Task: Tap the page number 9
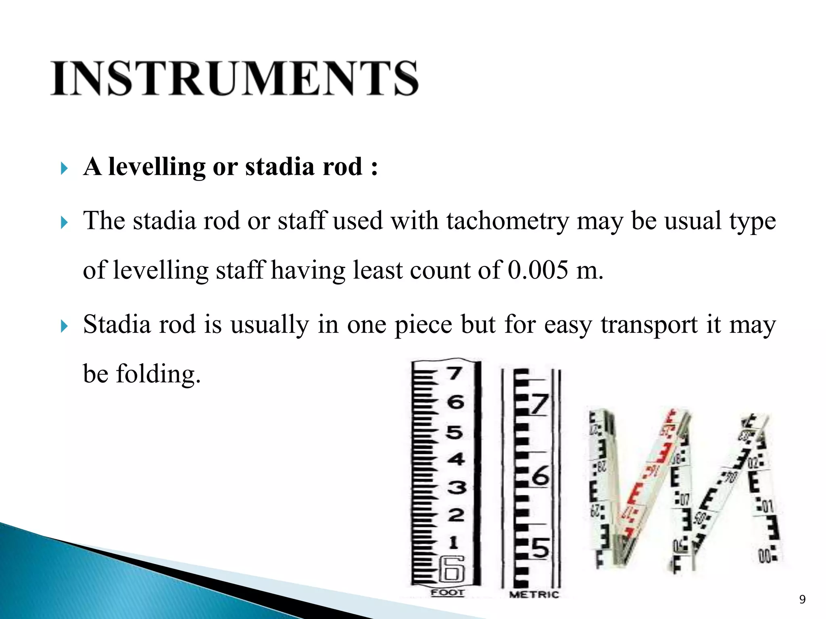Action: pyautogui.click(x=802, y=600)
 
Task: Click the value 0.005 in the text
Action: pyautogui.click(x=538, y=270)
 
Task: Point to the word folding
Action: pyautogui.click(x=158, y=374)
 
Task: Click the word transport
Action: pyautogui.click(x=649, y=324)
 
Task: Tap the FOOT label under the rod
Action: pyautogui.click(x=448, y=592)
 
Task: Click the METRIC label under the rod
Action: pyautogui.click(x=534, y=594)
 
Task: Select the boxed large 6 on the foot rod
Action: pyautogui.click(x=452, y=569)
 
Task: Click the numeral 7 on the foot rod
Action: pyautogui.click(x=455, y=373)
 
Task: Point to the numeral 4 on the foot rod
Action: pyautogui.click(x=456, y=459)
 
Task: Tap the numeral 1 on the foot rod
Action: pyautogui.click(x=454, y=542)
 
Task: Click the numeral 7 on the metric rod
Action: pyautogui.click(x=540, y=404)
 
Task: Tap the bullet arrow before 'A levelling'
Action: pyautogui.click(x=64, y=168)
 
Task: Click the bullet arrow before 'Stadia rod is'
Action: pyautogui.click(x=64, y=326)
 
